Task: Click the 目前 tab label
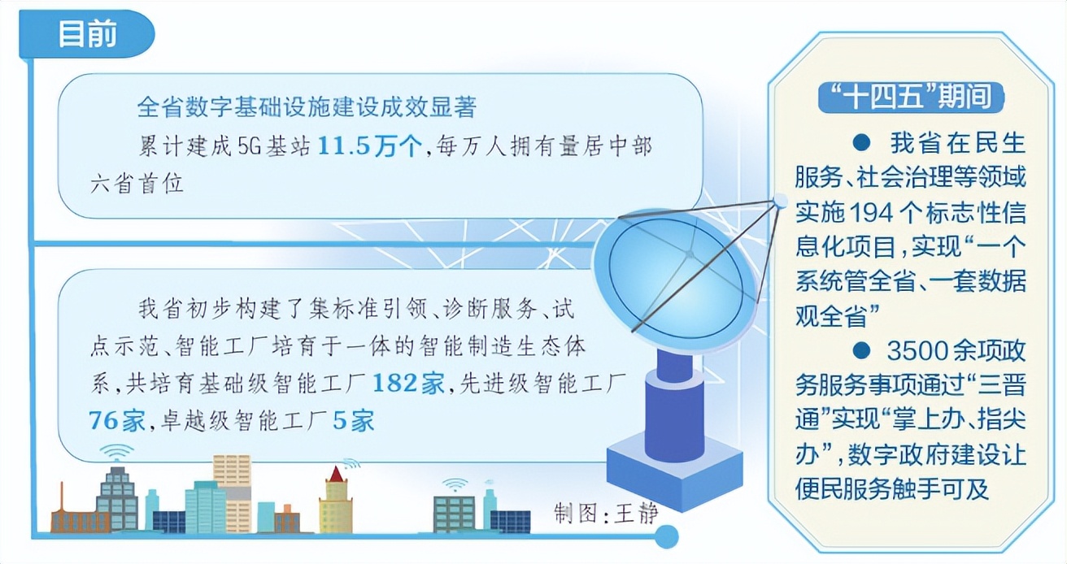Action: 87,34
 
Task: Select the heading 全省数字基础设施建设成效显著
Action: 307,106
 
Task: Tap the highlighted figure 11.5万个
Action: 370,145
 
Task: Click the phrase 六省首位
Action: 137,184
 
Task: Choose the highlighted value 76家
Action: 117,421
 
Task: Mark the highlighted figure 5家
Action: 354,421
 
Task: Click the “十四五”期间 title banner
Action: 911,98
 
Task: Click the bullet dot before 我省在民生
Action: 861,142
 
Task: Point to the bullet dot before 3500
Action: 861,351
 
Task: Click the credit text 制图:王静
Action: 606,514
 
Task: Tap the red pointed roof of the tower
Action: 337,474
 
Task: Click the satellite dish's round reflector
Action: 677,279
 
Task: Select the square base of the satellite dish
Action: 674,471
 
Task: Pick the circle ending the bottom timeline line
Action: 666,536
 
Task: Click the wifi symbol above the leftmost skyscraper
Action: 116,452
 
